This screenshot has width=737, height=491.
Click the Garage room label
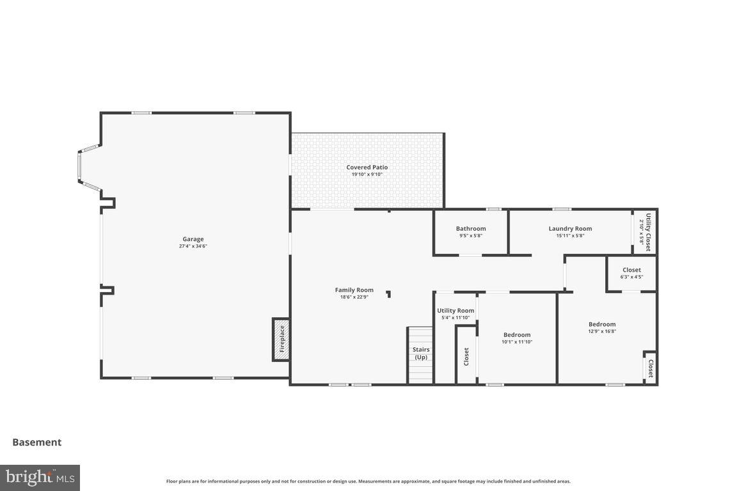tap(193, 239)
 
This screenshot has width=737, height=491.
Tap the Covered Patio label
tap(367, 168)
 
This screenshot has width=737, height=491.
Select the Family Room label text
tap(354, 290)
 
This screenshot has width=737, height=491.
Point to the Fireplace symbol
tap(281, 339)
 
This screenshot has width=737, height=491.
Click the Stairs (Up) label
tap(420, 353)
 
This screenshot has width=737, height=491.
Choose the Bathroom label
tap(471, 229)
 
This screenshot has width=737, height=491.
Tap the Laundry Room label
tap(570, 229)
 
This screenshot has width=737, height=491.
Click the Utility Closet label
tap(648, 232)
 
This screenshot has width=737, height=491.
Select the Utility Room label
tap(456, 311)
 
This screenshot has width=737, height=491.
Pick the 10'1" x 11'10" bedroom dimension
tap(517, 342)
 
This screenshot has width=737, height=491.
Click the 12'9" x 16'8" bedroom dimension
tap(602, 331)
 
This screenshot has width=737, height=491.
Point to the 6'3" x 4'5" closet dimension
tap(631, 277)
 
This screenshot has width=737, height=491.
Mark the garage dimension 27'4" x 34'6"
tap(193, 246)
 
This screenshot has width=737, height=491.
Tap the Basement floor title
tap(37, 442)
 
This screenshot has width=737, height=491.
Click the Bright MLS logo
tap(40, 478)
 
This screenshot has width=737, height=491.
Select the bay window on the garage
tap(80, 168)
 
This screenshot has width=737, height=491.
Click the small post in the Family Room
tap(388, 294)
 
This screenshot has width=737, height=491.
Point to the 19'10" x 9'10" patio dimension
tap(367, 175)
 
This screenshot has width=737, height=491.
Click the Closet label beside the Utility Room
tap(466, 357)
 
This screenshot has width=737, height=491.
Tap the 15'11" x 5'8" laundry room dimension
tap(570, 236)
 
